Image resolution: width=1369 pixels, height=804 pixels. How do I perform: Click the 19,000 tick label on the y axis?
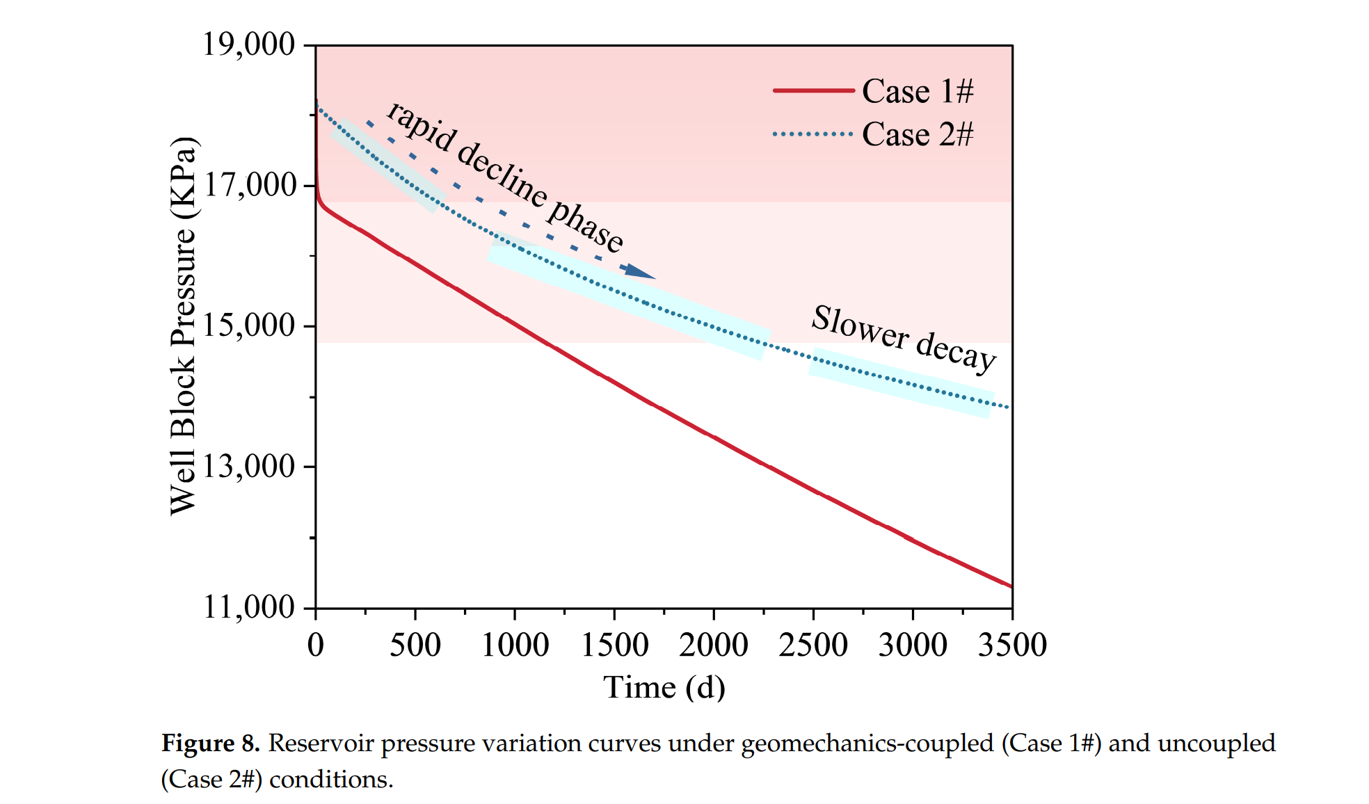(x=248, y=45)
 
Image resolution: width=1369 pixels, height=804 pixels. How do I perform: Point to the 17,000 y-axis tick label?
(x=248, y=185)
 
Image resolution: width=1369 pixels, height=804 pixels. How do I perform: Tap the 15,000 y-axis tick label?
(x=248, y=325)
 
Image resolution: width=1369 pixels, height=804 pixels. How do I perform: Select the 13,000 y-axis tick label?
(x=248, y=466)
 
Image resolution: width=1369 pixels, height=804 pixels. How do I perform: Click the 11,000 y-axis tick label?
(x=248, y=607)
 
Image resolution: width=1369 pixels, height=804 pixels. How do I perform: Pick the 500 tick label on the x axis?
(x=415, y=645)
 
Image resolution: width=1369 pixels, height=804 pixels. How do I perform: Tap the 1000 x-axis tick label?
(x=515, y=645)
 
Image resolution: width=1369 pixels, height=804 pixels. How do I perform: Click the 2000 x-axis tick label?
(x=714, y=645)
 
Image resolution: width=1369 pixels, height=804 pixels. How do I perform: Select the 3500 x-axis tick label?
(x=1012, y=645)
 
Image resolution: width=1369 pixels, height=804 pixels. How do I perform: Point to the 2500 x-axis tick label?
(x=813, y=645)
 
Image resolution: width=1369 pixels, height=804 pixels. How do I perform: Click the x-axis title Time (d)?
(x=664, y=687)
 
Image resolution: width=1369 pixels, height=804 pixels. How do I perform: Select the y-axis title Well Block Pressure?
(x=184, y=325)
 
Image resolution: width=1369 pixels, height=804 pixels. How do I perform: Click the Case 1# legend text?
(x=918, y=91)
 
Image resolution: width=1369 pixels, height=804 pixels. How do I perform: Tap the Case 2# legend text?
(x=918, y=134)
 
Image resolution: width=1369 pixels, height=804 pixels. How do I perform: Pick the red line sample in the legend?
(x=813, y=90)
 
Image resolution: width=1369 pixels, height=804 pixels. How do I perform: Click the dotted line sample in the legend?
(x=813, y=134)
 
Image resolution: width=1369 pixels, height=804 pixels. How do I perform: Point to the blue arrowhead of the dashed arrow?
(x=639, y=271)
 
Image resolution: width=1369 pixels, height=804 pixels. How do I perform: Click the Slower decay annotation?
(x=904, y=339)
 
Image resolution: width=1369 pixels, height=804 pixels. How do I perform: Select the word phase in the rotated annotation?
(x=586, y=225)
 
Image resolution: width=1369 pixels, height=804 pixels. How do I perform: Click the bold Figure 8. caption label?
(x=210, y=743)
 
